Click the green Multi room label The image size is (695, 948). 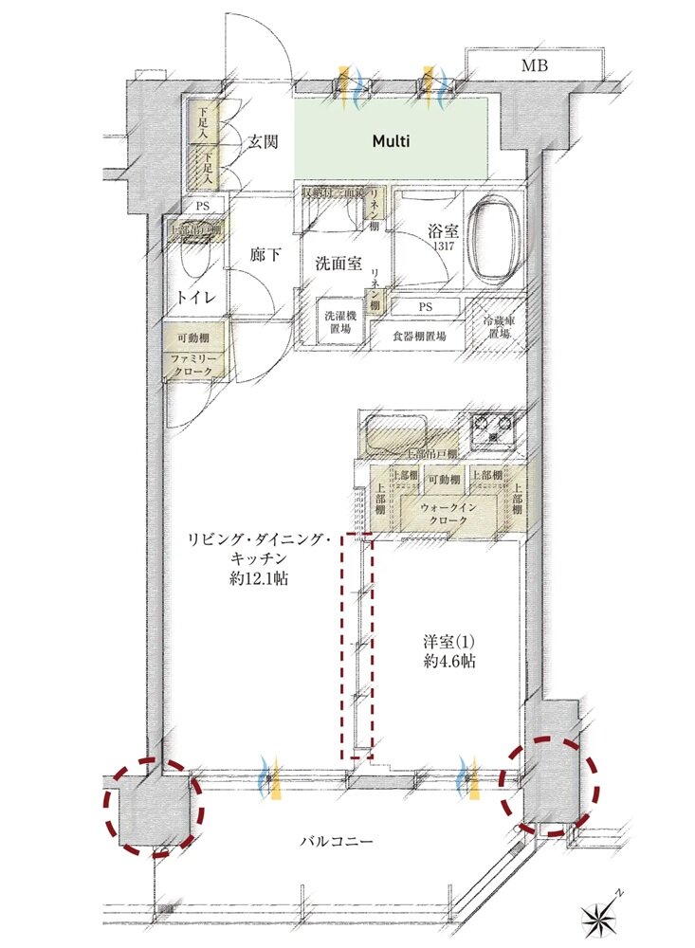coord(390,141)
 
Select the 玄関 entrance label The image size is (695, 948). coord(263,142)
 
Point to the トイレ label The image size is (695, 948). coord(196,298)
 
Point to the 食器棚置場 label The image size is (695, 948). coord(418,335)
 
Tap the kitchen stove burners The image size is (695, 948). coord(493,430)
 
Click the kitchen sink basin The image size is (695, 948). coord(394,434)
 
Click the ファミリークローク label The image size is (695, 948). coord(194,365)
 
